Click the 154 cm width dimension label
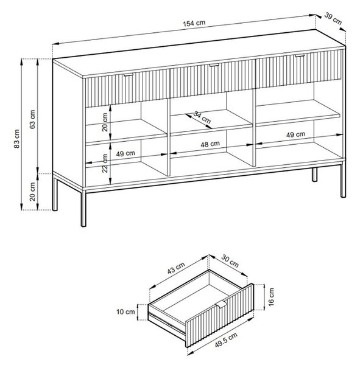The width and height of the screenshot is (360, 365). coord(194,23)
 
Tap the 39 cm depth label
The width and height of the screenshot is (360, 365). coord(333,19)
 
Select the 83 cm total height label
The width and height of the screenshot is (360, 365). coord(17,139)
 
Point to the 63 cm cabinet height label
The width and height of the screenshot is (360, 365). coord(32,119)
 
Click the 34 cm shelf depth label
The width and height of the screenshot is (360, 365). coord(202,117)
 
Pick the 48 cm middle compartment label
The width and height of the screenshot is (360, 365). coord(210,144)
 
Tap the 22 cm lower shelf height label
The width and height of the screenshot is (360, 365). coord(105,163)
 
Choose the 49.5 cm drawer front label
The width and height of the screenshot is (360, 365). coord(226,340)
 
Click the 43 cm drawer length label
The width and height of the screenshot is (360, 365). coord(176,268)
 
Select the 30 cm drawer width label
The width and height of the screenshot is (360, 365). coord(230,261)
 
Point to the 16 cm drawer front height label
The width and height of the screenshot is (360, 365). coord(271,297)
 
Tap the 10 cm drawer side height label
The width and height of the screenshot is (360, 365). coord(125,311)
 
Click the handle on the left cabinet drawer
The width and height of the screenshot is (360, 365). coord(129,75)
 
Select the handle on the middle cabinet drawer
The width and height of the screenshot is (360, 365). coord(214,65)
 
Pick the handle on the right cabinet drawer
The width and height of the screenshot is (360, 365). coord(300,55)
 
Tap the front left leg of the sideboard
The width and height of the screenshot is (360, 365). coord(83,208)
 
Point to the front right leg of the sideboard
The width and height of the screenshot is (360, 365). coord(343,179)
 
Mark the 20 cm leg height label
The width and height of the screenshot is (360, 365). coord(32,192)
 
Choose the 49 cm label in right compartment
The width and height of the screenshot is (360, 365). coord(295,134)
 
